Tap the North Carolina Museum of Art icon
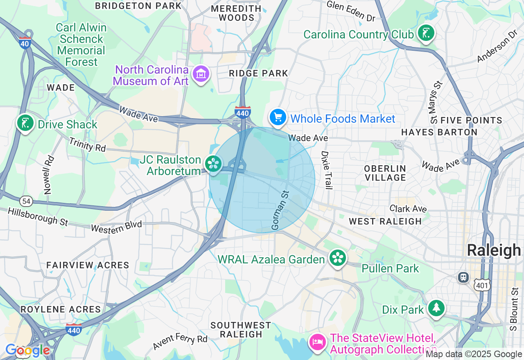(x=201, y=74)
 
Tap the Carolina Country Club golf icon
(x=426, y=34)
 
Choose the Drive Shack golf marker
(x=25, y=123)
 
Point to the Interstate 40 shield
(x=25, y=43)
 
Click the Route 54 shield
(x=26, y=201)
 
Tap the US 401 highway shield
(x=483, y=285)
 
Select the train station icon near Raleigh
(x=463, y=277)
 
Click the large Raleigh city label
(x=494, y=250)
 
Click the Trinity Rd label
(x=87, y=145)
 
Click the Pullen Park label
(x=390, y=268)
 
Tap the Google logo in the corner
(x=27, y=350)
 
